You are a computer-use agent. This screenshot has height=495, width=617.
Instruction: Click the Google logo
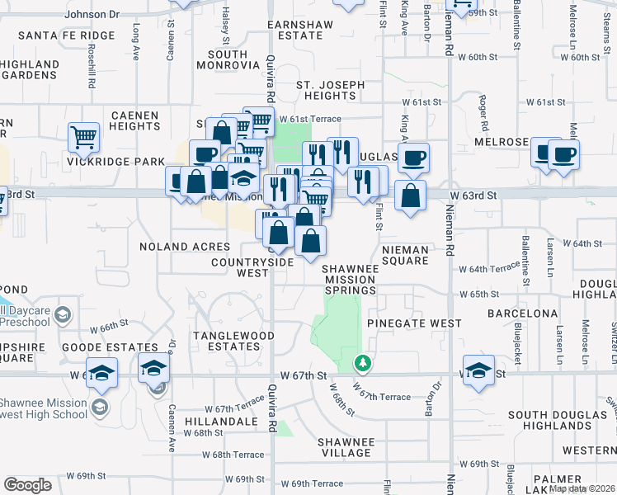(x=27, y=485)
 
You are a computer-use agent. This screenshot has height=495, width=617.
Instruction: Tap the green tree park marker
(x=361, y=362)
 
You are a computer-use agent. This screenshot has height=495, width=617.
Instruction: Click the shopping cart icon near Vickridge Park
(x=83, y=138)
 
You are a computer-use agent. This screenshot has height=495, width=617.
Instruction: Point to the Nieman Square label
(x=405, y=255)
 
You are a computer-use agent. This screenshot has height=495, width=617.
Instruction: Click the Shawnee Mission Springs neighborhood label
(x=349, y=279)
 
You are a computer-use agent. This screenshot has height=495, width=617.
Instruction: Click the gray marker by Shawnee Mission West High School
(x=99, y=407)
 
